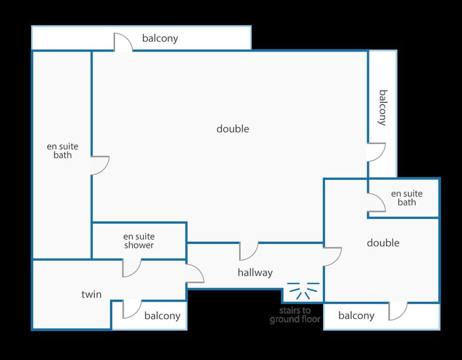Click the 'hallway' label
[x=255, y=273]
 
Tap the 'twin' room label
[x=91, y=294]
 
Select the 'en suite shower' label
[x=139, y=241]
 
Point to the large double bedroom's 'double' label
[x=233, y=129]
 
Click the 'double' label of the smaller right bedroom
[x=383, y=243]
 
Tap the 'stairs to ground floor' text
[x=295, y=315]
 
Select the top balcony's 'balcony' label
[x=160, y=39]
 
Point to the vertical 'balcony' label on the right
[x=383, y=108]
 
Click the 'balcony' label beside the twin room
[x=162, y=316]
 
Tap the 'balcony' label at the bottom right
[x=356, y=316]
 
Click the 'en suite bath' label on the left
[x=63, y=151]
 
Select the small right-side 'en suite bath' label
[x=407, y=198]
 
